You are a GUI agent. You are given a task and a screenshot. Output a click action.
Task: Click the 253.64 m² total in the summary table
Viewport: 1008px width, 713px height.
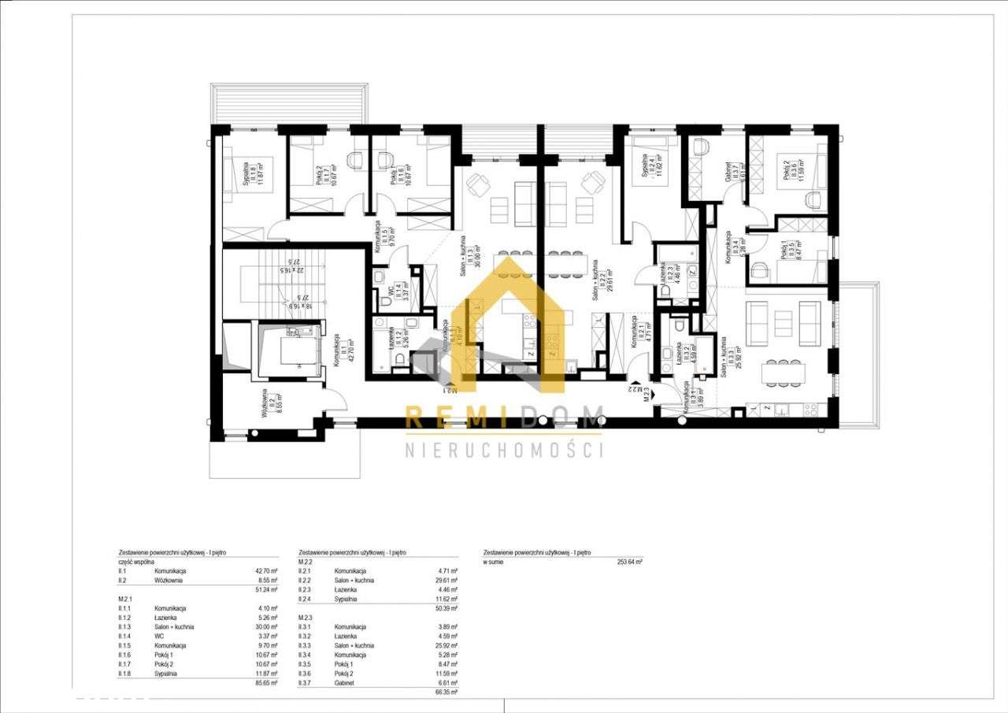[629, 562]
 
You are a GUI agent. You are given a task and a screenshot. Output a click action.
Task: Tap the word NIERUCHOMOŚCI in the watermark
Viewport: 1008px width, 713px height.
[504, 450]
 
